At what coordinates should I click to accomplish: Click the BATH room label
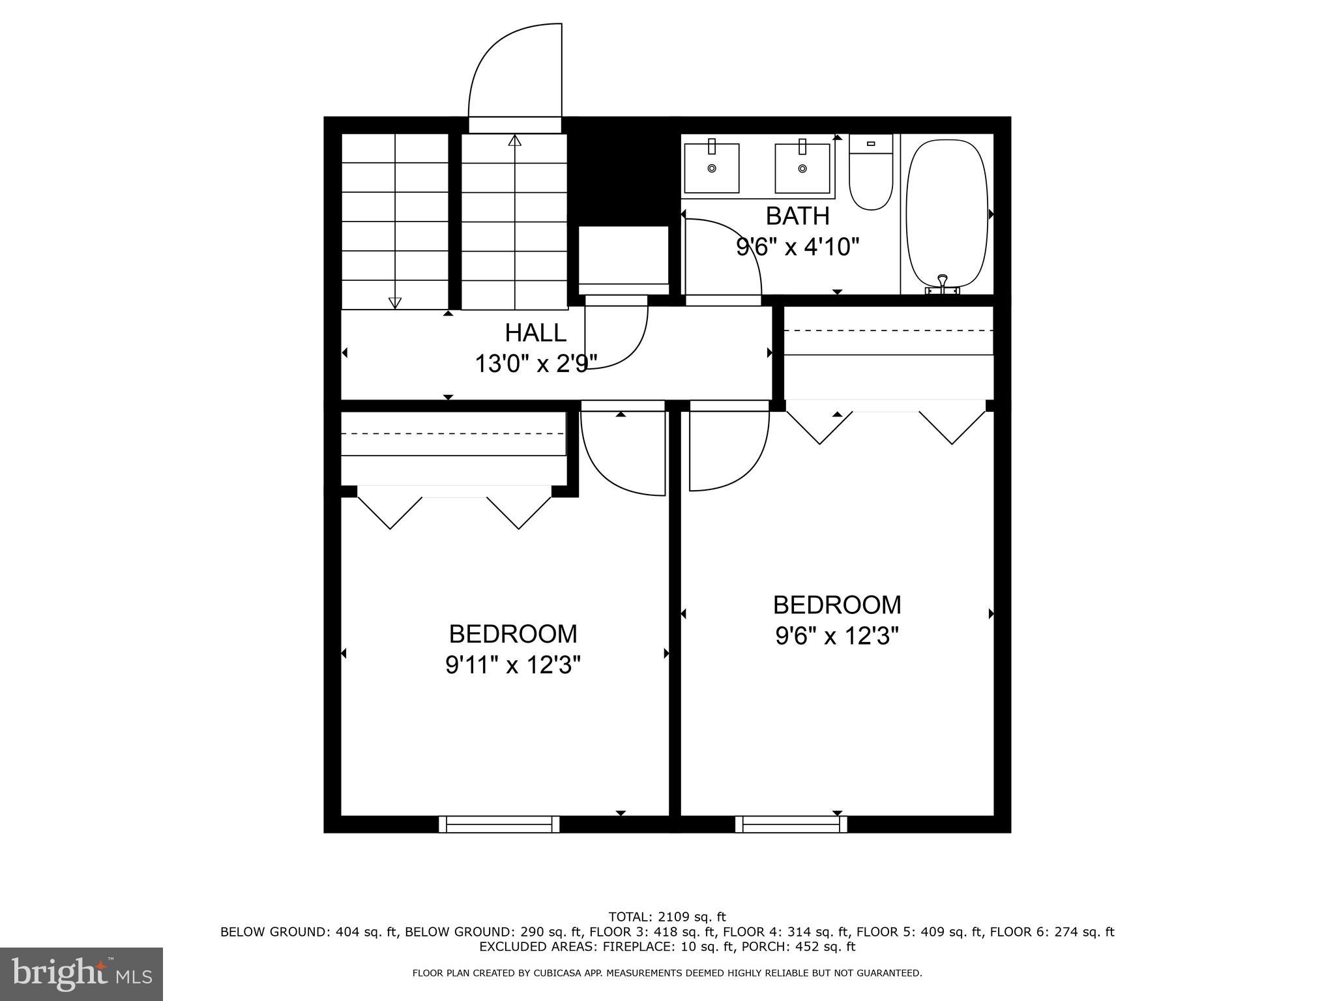pyautogui.click(x=797, y=216)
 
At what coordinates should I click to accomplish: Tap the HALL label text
pyautogui.click(x=535, y=333)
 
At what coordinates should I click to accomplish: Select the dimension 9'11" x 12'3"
pyautogui.click(x=513, y=665)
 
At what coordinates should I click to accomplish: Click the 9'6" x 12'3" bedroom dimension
pyautogui.click(x=837, y=636)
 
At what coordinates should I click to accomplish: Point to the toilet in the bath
pyautogui.click(x=870, y=174)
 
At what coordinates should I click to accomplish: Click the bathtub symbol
pyautogui.click(x=947, y=212)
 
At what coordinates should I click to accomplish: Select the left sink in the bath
pyautogui.click(x=711, y=168)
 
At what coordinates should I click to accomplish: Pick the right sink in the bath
pyautogui.click(x=802, y=168)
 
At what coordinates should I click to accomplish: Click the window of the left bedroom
pyautogui.click(x=499, y=824)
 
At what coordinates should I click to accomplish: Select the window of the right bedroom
pyautogui.click(x=791, y=824)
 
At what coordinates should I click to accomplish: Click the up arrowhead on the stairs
pyautogui.click(x=515, y=140)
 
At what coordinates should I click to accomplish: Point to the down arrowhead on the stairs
pyautogui.click(x=394, y=302)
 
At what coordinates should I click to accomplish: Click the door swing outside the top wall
pyautogui.click(x=515, y=72)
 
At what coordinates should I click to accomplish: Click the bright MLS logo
pyautogui.click(x=81, y=974)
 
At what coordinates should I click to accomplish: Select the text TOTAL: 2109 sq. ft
pyautogui.click(x=667, y=917)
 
